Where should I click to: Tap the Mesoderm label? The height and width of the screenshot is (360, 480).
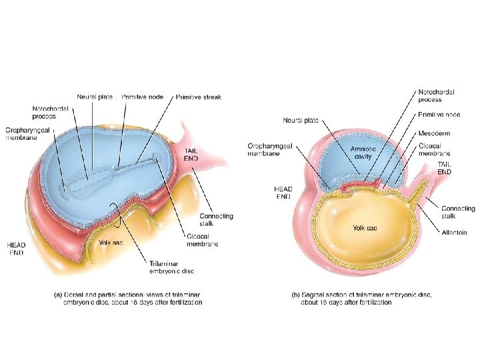coord(433,133)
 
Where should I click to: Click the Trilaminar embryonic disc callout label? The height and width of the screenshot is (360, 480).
coord(171,267)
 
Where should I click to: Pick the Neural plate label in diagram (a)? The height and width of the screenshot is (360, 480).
coord(95,97)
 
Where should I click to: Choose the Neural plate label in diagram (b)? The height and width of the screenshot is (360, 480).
coord(301,121)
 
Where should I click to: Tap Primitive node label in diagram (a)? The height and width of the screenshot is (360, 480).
coord(143,97)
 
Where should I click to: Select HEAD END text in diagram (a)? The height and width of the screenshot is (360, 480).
coord(17,249)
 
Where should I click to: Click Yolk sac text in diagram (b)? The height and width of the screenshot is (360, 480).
coord(365,228)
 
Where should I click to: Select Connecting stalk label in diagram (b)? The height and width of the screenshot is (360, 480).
coord(458,213)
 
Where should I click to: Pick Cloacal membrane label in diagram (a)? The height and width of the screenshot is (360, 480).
coord(203,240)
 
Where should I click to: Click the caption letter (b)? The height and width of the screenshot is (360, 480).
coord(295,294)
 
